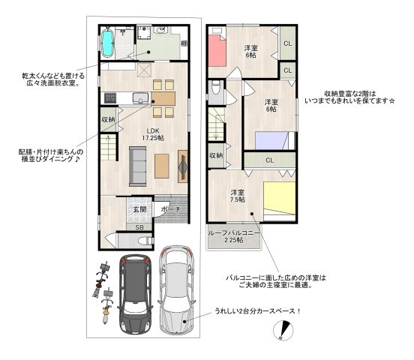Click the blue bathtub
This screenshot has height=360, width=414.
[108, 43]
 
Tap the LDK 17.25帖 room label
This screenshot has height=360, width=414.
[153, 134]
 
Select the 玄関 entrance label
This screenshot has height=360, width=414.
[139, 209]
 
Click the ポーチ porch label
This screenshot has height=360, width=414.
[170, 209]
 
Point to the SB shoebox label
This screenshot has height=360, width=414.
[139, 227]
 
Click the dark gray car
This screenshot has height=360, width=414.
[135, 293]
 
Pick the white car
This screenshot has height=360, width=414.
[176, 289]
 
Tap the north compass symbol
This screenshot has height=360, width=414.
[283, 330]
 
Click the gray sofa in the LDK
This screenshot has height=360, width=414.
[137, 166]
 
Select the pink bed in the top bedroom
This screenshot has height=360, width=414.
[217, 50]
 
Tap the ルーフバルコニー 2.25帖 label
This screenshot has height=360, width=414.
[234, 237]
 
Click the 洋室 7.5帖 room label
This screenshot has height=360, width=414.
[237, 196]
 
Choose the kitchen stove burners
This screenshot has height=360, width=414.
[109, 98]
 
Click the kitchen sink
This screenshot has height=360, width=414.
[140, 98]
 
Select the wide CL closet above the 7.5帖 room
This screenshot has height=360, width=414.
[269, 160]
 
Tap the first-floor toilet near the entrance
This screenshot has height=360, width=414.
[145, 240]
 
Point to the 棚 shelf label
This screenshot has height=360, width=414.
[184, 43]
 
